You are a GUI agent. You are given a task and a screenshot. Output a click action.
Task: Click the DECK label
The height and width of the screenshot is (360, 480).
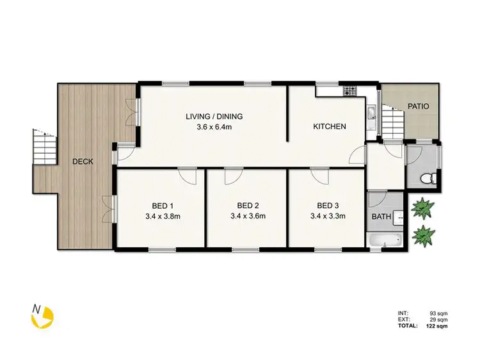(83, 161)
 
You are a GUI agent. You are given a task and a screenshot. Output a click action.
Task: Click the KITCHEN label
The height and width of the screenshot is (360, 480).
(329, 127)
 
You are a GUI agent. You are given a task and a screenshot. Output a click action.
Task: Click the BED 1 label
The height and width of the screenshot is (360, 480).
(163, 206)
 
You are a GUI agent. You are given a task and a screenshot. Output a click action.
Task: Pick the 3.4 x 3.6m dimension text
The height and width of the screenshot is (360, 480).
(248, 216)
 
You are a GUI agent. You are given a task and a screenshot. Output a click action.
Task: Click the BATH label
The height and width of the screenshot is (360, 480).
(381, 217)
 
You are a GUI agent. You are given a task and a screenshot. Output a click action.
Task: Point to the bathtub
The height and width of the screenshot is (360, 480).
(385, 240)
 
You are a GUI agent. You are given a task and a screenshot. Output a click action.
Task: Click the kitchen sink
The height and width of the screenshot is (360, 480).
(371, 115)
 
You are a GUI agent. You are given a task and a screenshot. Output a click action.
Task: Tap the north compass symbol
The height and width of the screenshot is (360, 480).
(43, 315)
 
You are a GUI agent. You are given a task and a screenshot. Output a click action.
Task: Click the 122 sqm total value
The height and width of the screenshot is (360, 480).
(438, 326)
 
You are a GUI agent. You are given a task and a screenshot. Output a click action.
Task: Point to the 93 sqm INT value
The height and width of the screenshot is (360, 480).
(438, 313)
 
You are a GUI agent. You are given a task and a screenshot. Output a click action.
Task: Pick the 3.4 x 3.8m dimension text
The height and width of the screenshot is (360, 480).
(163, 216)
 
